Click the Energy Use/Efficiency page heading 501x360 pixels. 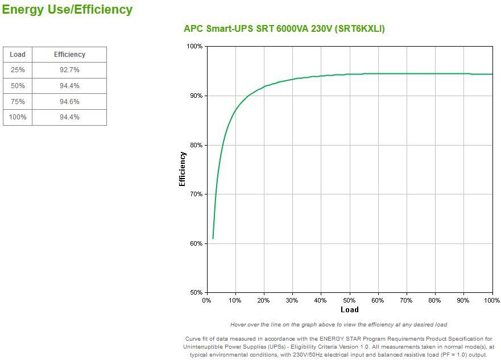coord(67,10)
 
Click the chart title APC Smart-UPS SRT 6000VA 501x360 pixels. coord(284,28)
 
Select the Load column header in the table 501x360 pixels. coord(18,55)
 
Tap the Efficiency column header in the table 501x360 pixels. coord(69,55)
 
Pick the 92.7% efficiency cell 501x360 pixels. coord(69,70)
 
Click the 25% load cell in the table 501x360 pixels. coord(18,70)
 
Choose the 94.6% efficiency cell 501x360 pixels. coord(69,102)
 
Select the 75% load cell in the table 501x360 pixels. coord(18,102)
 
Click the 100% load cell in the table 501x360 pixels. coord(18,117)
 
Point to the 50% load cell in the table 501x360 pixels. coord(18,86)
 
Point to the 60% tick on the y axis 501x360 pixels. coord(196,243)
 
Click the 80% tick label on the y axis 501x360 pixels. coord(196,145)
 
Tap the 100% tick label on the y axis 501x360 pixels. coord(194,46)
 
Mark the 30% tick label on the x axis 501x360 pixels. coord(292,300)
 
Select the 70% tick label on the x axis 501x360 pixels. coord(406,300)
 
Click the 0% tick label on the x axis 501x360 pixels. coord(206,300)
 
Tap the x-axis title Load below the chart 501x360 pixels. coord(349,310)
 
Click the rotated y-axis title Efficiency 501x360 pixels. coord(183,169)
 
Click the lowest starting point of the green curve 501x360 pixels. coord(213,238)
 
